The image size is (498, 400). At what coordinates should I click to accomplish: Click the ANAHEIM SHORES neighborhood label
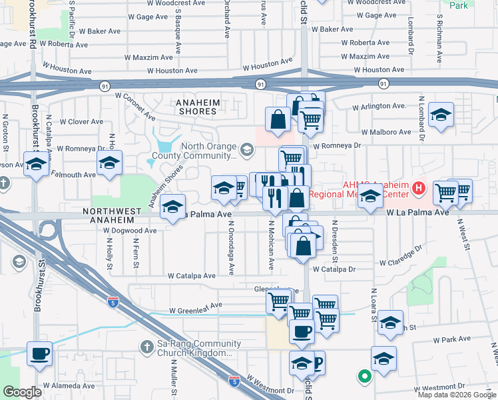[196, 102]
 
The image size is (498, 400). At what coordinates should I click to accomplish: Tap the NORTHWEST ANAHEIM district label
[112, 211]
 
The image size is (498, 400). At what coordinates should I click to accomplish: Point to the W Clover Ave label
[81, 122]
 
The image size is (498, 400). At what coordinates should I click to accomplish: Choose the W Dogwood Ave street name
[130, 231]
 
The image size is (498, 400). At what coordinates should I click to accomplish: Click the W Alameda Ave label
[69, 385]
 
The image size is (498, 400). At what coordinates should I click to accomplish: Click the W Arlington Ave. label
[379, 106]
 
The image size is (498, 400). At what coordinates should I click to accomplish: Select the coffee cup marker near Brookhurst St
[39, 353]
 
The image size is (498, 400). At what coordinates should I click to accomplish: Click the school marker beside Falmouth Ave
[110, 163]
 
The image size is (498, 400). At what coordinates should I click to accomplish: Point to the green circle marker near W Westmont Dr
[364, 376]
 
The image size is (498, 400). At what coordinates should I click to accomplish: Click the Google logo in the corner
[22, 392]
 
